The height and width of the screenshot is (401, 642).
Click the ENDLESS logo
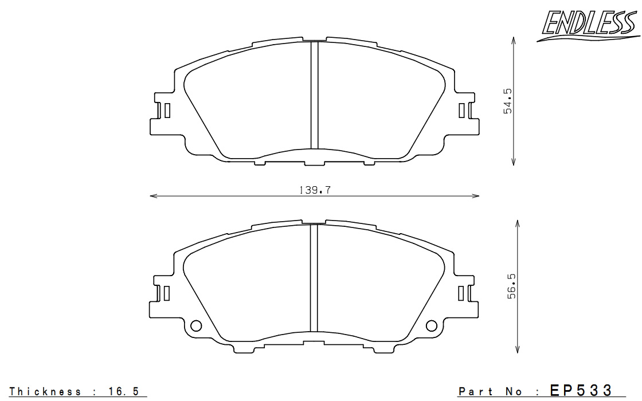pyautogui.click(x=588, y=25)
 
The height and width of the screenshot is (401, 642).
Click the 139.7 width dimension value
pyautogui.click(x=315, y=190)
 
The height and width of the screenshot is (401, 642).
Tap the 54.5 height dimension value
pyautogui.click(x=508, y=101)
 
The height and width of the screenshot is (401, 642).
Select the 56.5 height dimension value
pyautogui.click(x=512, y=286)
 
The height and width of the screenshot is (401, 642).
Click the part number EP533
pyautogui.click(x=581, y=390)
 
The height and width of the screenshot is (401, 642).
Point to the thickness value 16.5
pyautogui.click(x=124, y=392)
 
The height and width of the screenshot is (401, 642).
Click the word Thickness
pyautogui.click(x=45, y=392)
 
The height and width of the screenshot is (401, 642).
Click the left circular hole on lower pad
pyautogui.click(x=196, y=326)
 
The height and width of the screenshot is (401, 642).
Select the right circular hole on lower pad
pyautogui.click(x=432, y=326)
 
